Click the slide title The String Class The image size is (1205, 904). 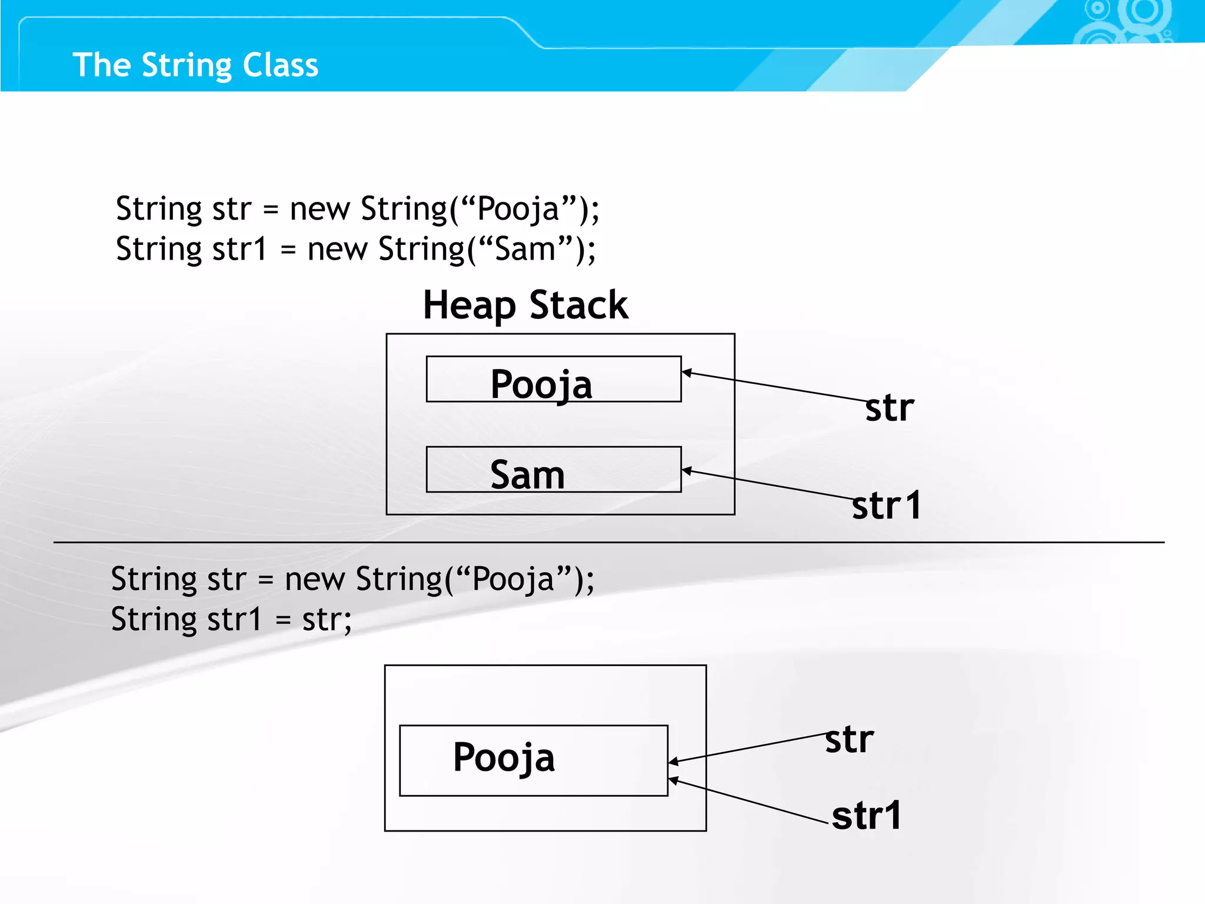point(195,65)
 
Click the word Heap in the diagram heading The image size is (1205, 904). point(469,305)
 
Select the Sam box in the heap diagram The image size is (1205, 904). point(553,470)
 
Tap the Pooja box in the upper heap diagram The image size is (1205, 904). point(553,380)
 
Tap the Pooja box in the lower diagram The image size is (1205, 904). point(533,760)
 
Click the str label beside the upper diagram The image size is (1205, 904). point(890,408)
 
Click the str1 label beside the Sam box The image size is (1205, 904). point(886,506)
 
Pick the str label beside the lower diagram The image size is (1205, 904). point(849,740)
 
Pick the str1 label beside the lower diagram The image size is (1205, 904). point(866,816)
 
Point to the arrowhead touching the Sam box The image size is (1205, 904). point(686,471)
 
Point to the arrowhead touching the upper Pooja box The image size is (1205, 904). point(686,373)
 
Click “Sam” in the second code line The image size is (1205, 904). point(526,249)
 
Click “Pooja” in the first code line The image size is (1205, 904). point(518,209)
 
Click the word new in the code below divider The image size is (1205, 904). point(314,580)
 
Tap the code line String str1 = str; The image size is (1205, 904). point(231,620)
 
